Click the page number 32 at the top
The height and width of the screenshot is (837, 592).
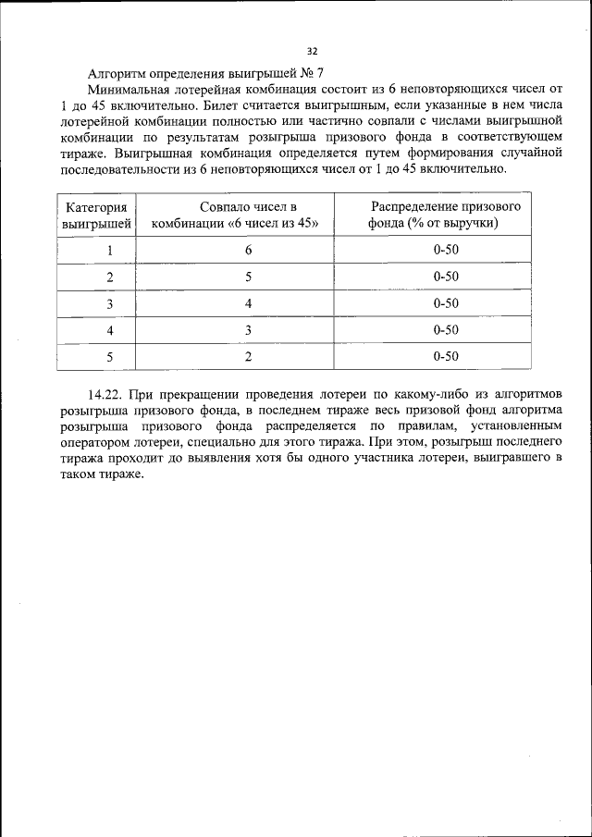[312, 51]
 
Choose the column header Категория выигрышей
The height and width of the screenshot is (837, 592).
[95, 215]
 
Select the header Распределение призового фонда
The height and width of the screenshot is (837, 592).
[446, 215]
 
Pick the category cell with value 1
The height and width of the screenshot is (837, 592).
[109, 250]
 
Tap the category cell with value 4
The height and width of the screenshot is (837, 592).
[109, 330]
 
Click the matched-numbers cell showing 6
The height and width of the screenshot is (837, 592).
[248, 250]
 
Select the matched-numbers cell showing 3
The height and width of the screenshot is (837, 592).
[248, 330]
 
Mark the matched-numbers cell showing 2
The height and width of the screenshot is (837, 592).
[248, 356]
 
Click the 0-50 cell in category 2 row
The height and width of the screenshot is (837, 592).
[446, 277]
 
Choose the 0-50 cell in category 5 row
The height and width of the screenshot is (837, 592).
[446, 356]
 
